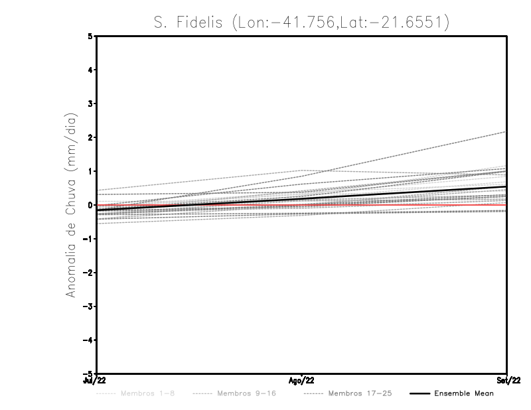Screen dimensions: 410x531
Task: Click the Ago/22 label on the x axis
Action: click(x=302, y=381)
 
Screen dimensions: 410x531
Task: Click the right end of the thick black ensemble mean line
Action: click(x=506, y=186)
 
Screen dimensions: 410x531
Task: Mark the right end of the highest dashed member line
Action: click(x=506, y=131)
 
